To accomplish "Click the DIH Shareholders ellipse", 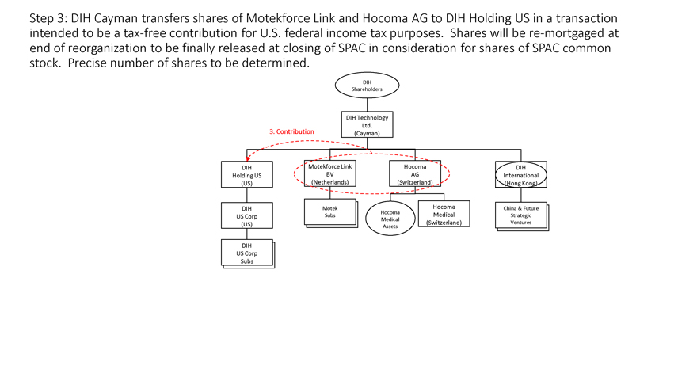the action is pos(367,86).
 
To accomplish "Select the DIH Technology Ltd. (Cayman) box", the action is pos(368,124).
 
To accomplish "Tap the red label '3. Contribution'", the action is pos(291,131).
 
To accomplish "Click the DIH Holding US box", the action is pos(246,175).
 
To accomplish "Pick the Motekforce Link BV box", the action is pos(329,173).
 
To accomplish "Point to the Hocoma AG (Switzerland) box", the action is pos(415,173).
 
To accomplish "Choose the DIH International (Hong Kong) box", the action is pos(521,175).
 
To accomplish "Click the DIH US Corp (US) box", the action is pos(246,215).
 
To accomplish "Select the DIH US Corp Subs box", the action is pos(248,253).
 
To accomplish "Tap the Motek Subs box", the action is pos(331,213).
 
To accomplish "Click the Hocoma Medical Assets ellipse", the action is pos(390,219).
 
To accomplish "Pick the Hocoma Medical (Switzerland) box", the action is pos(444,215).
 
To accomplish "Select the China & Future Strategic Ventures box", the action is pos(522,216).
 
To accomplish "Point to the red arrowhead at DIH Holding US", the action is pos(248,158).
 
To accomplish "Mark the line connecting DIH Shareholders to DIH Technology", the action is pos(368,105).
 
